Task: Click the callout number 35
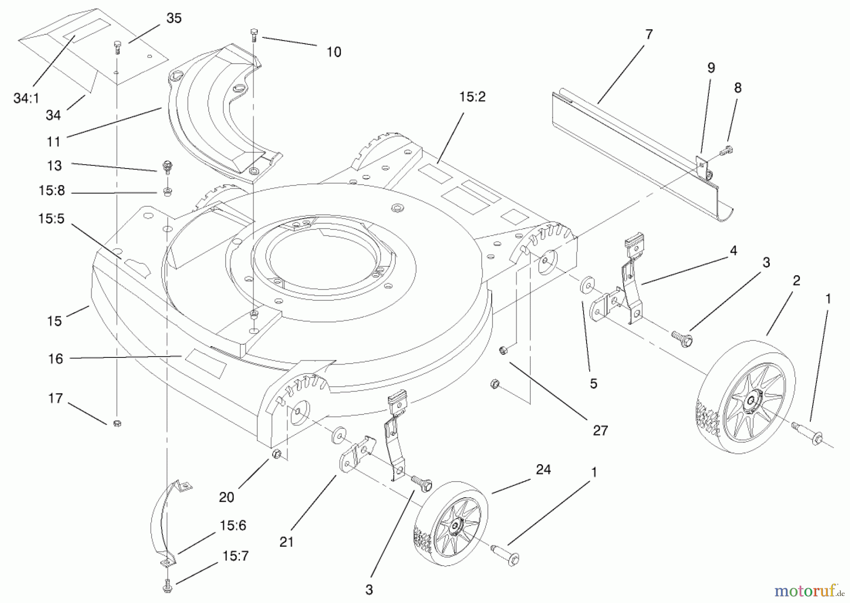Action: coord(174,18)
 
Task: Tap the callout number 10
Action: coord(334,52)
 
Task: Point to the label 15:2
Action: coord(472,97)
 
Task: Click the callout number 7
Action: coord(649,34)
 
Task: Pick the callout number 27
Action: coord(600,430)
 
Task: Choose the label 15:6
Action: coord(233,526)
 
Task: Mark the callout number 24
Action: coord(544,469)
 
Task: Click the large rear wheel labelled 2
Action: coord(746,397)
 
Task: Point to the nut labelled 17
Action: coord(118,423)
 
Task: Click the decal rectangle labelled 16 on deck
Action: coord(205,363)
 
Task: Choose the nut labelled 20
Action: coord(278,454)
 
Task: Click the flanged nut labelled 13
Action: coord(166,166)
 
